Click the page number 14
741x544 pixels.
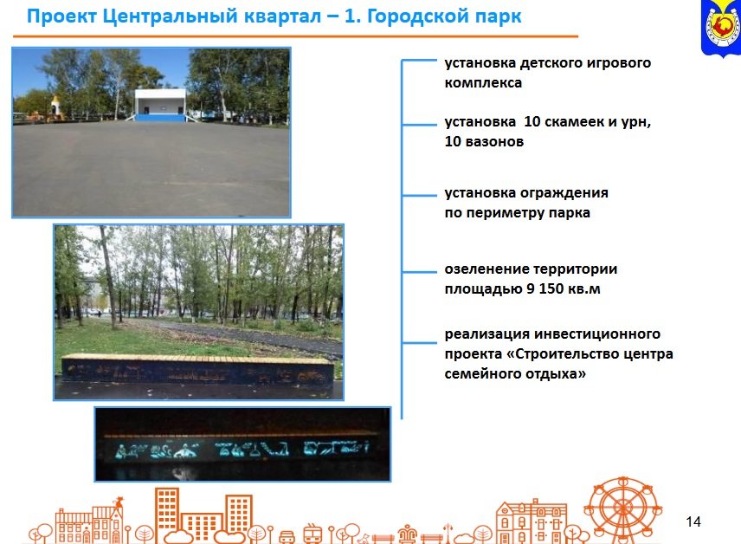[693, 521]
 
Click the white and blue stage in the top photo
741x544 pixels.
[159, 105]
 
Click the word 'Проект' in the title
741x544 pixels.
[58, 16]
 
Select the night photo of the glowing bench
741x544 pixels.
[242, 444]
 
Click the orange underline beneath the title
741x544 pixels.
[294, 36]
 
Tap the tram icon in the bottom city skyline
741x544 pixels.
[313, 533]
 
